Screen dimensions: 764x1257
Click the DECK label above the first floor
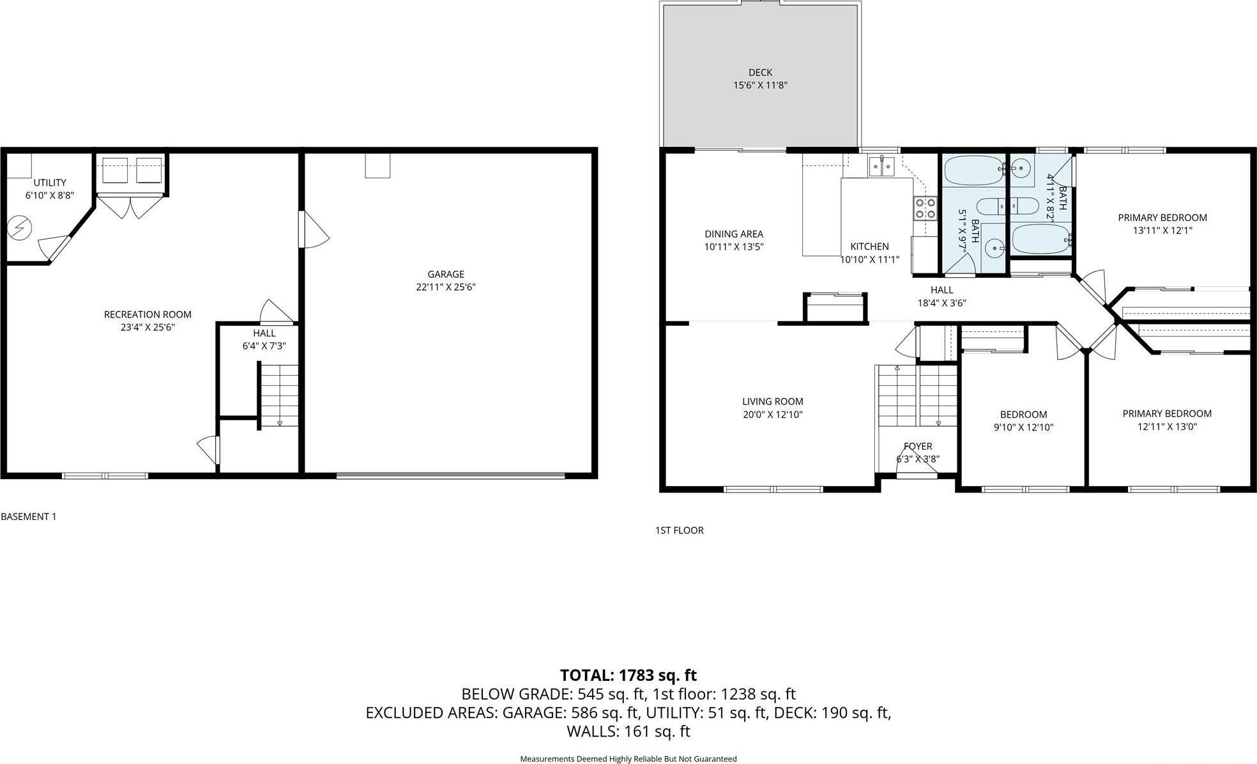pyautogui.click(x=760, y=73)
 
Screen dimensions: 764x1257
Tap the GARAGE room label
pyautogui.click(x=446, y=275)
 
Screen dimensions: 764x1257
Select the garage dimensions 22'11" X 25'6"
pyautogui.click(x=446, y=287)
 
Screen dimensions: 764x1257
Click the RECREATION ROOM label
pyautogui.click(x=148, y=314)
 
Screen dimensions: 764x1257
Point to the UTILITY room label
pyautogui.click(x=50, y=183)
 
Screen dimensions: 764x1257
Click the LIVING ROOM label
pyautogui.click(x=772, y=402)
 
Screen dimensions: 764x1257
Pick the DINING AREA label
pyautogui.click(x=734, y=234)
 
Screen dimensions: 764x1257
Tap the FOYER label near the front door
pyautogui.click(x=918, y=447)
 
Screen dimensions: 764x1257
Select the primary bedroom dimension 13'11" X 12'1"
pyautogui.click(x=1162, y=231)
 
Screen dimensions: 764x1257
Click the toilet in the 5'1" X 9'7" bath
pyautogui.click(x=989, y=207)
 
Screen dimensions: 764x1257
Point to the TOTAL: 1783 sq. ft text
pyautogui.click(x=628, y=675)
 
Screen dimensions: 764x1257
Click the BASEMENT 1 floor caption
pyautogui.click(x=29, y=517)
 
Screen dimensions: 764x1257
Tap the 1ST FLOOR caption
pyautogui.click(x=679, y=530)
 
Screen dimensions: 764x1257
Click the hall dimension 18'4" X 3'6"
pyautogui.click(x=941, y=303)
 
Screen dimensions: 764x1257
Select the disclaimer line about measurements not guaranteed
pyautogui.click(x=628, y=759)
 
